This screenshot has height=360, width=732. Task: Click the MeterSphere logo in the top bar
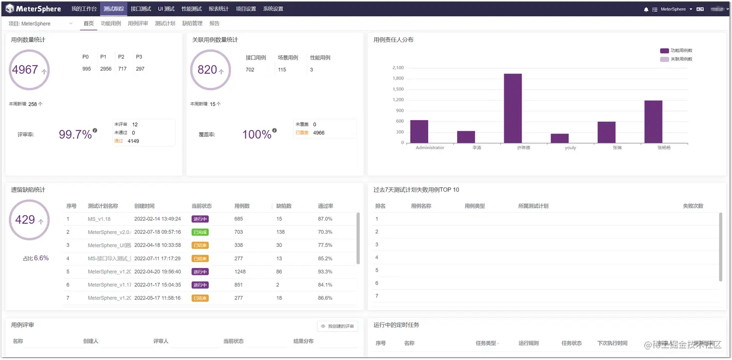pos(33,9)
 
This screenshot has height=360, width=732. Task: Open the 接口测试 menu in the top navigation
pos(141,9)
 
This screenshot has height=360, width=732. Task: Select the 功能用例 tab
pos(111,23)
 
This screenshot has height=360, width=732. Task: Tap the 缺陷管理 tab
pos(192,23)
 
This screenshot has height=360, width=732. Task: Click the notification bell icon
pos(646,9)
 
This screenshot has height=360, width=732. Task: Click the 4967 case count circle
pos(29,70)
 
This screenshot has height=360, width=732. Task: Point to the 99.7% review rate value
pos(75,135)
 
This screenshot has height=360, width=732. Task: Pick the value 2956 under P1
pos(106,69)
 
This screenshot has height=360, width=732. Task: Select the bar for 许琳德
pos(513,108)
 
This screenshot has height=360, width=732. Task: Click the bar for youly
pos(560,138)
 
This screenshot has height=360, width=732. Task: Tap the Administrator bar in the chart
pos(419,132)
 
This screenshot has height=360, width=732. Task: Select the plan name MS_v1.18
pos(99,219)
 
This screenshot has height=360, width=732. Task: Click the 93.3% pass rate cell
pos(325,271)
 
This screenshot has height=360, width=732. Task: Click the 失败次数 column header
pos(693,206)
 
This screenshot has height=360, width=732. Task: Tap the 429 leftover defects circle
pos(29,220)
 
